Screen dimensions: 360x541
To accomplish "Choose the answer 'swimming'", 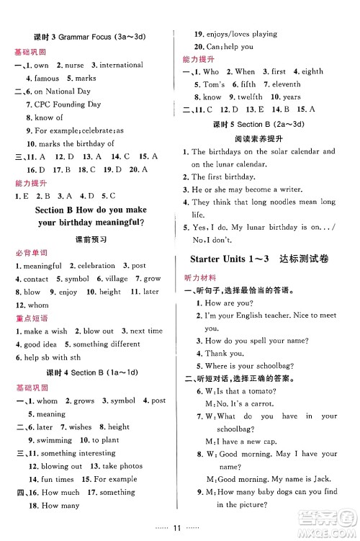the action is pyautogui.click(x=53, y=439).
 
